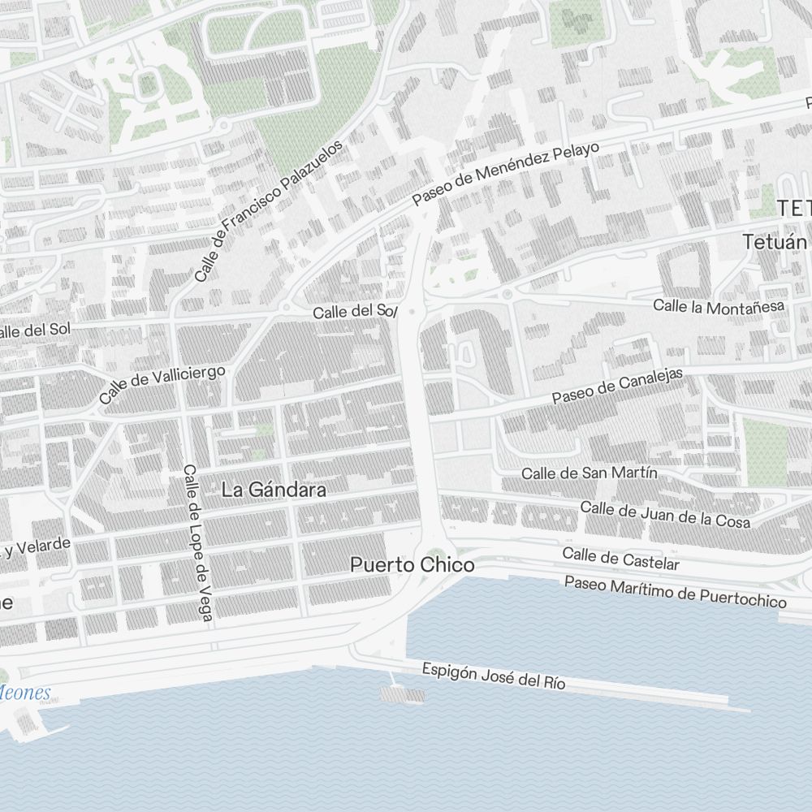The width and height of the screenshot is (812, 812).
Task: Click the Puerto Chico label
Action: [412, 565]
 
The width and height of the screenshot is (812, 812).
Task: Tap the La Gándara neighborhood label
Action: [274, 490]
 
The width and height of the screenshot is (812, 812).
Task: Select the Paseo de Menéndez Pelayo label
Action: [505, 174]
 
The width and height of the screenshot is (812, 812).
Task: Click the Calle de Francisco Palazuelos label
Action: [269, 210]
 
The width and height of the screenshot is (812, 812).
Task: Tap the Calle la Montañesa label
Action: [719, 307]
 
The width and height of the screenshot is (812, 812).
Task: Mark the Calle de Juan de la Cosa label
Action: [665, 515]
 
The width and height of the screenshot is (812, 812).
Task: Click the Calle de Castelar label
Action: [620, 559]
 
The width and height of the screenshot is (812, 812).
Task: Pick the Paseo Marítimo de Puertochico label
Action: [675, 592]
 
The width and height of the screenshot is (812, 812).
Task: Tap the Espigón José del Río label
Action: [493, 676]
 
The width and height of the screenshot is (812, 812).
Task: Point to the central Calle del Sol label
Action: [355, 312]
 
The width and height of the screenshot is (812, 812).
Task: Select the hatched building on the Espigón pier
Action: [403, 694]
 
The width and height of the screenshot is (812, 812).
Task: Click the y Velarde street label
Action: [36, 548]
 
